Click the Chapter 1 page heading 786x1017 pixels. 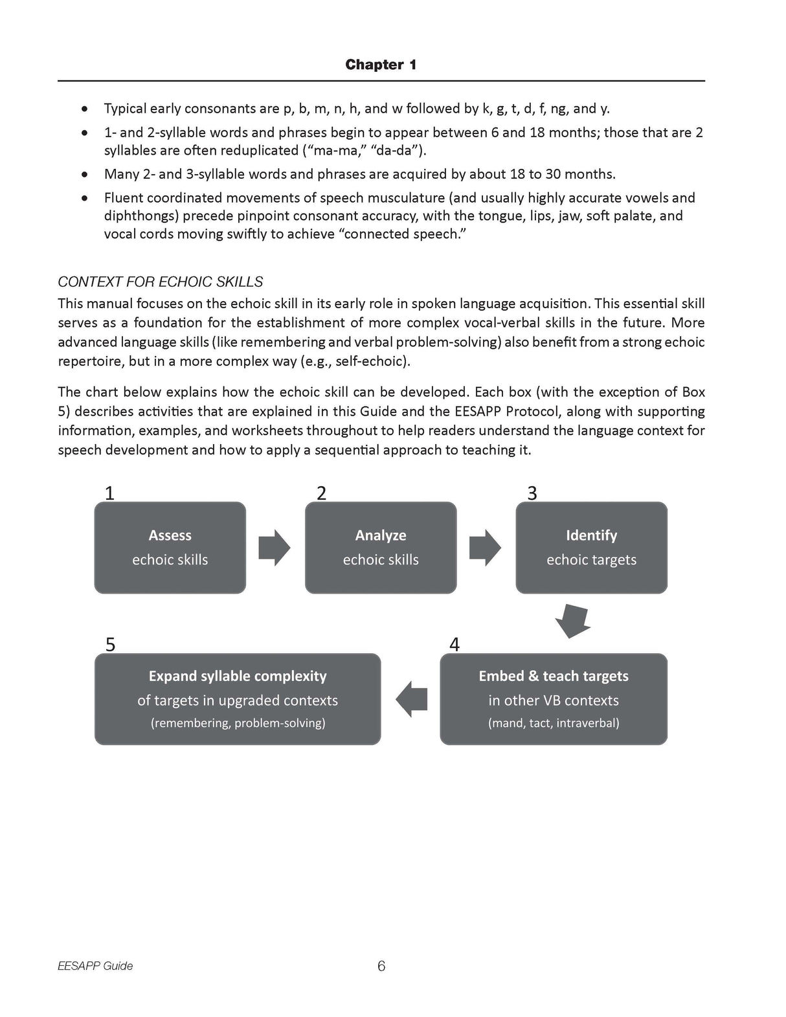[381, 65]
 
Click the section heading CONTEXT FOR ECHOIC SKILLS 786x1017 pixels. [160, 282]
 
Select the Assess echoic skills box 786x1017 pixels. [170, 548]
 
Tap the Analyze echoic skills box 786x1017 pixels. [381, 548]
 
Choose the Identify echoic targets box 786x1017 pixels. [591, 548]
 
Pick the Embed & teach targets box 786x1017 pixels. [554, 699]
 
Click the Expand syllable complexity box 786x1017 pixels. [238, 699]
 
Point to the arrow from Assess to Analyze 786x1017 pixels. [275, 548]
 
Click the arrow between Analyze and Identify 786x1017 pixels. [485, 548]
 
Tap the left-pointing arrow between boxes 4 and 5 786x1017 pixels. [411, 699]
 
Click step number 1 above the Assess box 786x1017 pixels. [109, 493]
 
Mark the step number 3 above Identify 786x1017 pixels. [532, 493]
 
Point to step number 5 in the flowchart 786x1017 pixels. [111, 645]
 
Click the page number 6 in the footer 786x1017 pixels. [381, 966]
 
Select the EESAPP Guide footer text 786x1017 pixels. [95, 966]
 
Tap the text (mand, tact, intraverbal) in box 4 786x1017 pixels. [554, 723]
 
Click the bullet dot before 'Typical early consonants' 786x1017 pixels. [84, 109]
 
